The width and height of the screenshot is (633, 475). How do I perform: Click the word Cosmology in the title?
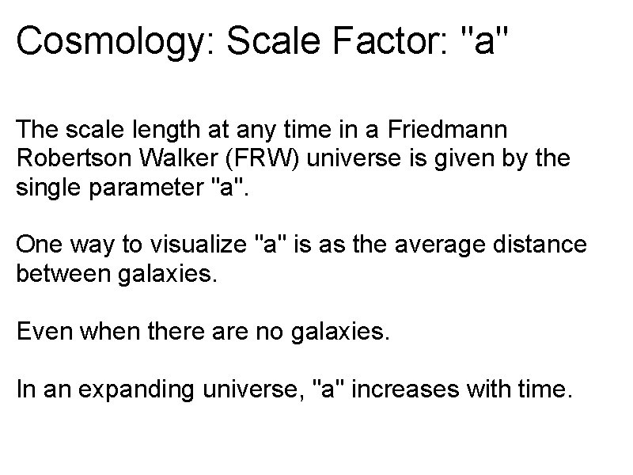click(x=112, y=41)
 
